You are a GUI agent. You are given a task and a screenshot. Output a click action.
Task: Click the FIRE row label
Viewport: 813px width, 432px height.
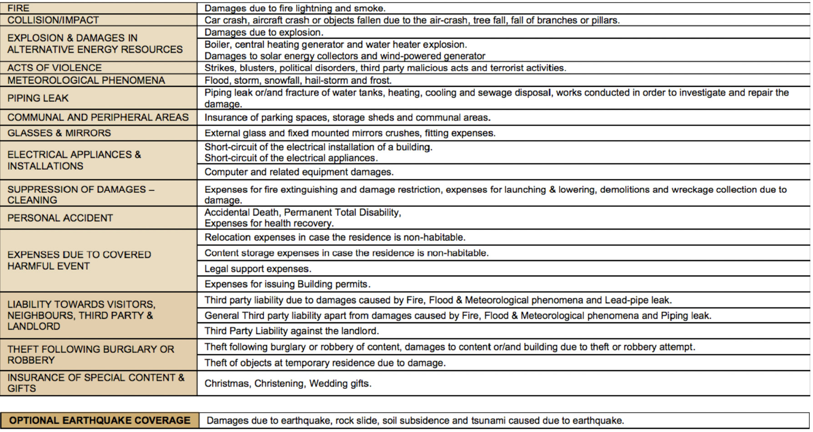coord(19,8)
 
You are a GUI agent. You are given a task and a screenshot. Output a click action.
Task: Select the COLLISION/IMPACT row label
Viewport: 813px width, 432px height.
coord(53,20)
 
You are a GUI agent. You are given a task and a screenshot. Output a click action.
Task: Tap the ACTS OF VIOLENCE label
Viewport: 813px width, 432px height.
coord(55,68)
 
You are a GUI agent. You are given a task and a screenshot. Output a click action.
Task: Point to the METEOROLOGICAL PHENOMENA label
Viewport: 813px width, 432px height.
coord(86,80)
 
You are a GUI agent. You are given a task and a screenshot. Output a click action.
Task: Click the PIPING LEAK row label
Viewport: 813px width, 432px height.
coord(38,98)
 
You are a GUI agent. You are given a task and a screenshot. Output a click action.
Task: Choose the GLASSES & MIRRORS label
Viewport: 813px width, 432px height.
coord(59,133)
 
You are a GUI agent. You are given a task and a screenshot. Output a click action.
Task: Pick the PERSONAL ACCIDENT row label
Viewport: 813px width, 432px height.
coord(60,218)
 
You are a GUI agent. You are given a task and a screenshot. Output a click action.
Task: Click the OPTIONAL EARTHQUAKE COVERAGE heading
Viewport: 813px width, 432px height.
coord(100,421)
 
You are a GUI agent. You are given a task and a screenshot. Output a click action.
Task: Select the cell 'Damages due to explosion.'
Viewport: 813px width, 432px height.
coord(264,32)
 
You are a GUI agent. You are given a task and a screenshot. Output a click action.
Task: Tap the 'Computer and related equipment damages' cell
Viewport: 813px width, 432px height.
coord(299,172)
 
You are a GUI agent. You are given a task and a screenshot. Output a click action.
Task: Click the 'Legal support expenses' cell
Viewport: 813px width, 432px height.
coord(258,269)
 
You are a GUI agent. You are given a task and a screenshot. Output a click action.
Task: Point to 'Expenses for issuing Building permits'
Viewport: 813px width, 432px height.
coord(287,284)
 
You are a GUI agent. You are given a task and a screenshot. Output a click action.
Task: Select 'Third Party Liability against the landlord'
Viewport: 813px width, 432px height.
coord(291,331)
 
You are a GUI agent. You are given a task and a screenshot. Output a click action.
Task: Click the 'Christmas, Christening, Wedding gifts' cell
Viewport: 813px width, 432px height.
coord(288,383)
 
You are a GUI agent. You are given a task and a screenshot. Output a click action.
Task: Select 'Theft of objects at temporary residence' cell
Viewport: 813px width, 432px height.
coord(325,363)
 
